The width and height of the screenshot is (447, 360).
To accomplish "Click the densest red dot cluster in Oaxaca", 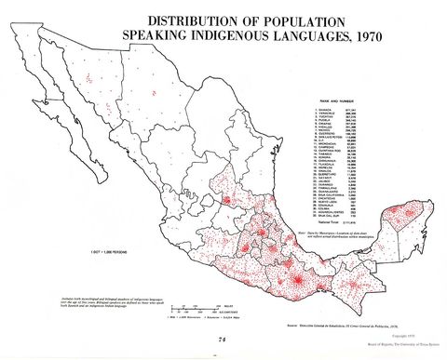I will tap(296, 281).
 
